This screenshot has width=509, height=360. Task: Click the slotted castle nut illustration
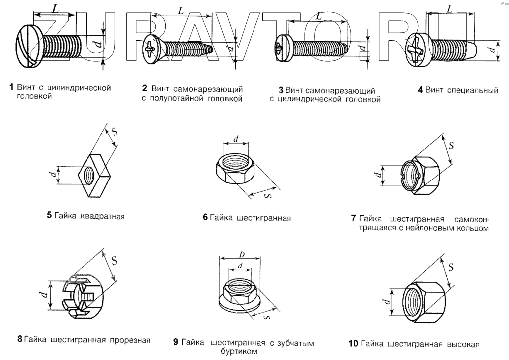coord(82,297)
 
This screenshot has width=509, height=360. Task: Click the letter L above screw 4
coord(450,9)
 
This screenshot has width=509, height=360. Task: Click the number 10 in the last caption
coord(353,343)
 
